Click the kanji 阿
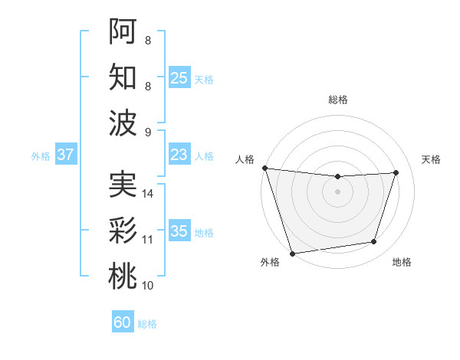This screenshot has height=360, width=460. [123, 31]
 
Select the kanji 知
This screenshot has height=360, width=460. [123, 77]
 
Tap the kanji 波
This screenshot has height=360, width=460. [123, 123]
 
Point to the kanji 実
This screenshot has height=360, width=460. [123, 185]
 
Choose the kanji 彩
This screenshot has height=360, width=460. [123, 231]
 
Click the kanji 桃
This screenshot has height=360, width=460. [123, 277]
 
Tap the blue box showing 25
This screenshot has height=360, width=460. [179, 78]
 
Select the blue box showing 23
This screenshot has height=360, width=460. [179, 155]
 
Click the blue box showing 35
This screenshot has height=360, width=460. [179, 231]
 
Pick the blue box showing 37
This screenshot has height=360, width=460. [65, 155]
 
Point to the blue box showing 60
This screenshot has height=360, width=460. [123, 322]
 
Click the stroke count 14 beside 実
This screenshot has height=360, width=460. [149, 194]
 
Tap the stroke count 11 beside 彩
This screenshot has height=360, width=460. [148, 240]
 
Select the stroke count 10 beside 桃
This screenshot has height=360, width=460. [148, 286]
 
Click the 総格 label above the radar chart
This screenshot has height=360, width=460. [337, 100]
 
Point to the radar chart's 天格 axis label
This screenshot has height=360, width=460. [432, 159]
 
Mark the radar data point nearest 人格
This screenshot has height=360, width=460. [264, 168]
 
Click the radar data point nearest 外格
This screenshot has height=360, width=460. [292, 253]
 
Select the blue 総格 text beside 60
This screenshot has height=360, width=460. [147, 324]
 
